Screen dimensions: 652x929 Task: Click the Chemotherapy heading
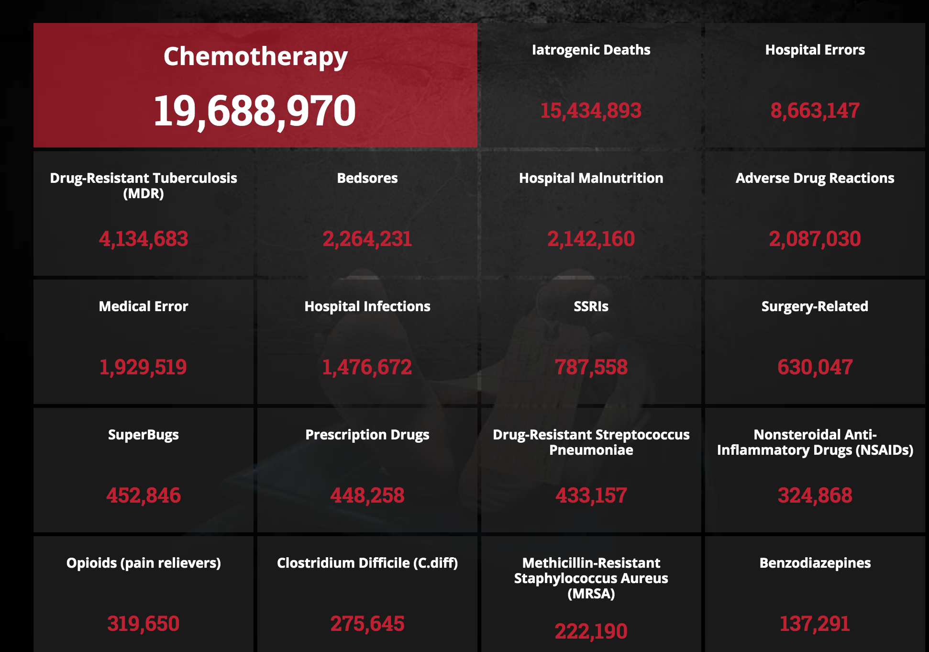(255, 57)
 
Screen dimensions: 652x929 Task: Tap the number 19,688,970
(254, 111)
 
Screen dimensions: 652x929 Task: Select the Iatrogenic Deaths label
(591, 50)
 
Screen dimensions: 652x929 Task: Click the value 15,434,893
(591, 111)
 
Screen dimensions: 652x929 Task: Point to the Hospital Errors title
(815, 50)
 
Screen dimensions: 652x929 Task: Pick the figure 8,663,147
(815, 111)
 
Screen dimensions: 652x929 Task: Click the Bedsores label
(367, 178)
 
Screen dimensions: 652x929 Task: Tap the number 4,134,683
(144, 239)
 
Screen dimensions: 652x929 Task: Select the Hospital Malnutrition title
(591, 178)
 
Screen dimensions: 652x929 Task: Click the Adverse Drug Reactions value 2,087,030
(815, 239)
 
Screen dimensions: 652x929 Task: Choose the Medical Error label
(144, 306)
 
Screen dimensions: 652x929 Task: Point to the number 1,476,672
(367, 367)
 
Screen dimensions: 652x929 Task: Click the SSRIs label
(591, 306)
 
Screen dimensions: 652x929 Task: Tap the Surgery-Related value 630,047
(815, 367)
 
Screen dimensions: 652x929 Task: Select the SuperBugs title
(144, 435)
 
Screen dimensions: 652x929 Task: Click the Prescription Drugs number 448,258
(367, 495)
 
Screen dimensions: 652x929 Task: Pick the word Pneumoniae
(591, 450)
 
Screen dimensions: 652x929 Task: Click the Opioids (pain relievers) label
(144, 563)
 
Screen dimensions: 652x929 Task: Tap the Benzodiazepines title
(815, 563)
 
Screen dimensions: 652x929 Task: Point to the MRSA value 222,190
(591, 631)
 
